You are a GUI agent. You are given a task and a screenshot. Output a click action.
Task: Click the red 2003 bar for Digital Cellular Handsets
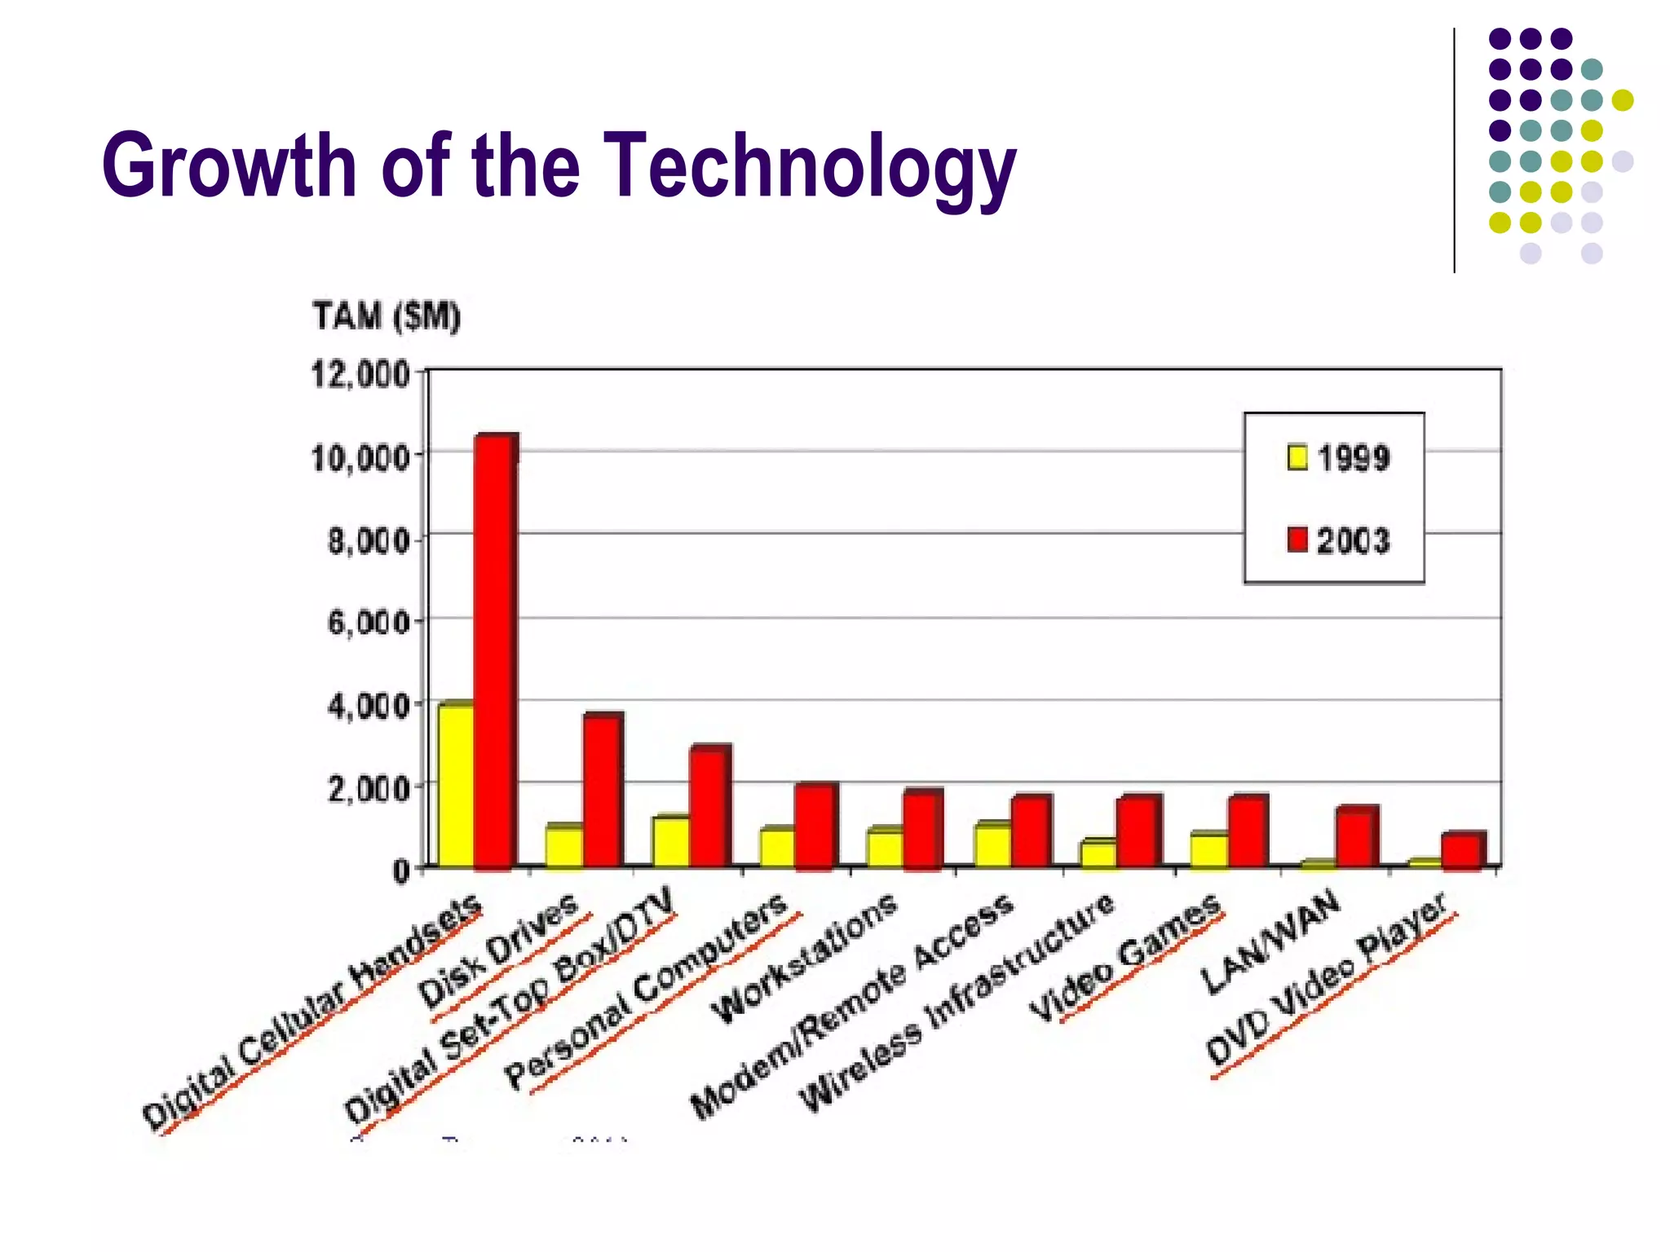[495, 652]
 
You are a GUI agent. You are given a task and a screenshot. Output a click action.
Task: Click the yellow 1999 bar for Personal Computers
[776, 848]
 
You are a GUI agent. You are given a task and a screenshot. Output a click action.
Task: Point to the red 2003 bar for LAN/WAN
[1355, 837]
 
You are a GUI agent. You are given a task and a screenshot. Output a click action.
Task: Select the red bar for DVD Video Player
[1462, 850]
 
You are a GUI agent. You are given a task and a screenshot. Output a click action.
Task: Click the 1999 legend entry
[1338, 458]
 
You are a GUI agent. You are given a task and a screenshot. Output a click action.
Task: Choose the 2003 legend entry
[1338, 540]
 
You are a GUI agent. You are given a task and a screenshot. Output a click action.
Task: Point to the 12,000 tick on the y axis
[360, 375]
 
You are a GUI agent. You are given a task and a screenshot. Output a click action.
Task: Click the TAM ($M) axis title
[387, 316]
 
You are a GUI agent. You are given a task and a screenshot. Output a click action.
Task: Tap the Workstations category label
[804, 959]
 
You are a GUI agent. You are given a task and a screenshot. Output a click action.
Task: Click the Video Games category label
[1125, 958]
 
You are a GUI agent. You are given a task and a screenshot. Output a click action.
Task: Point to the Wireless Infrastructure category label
[957, 1003]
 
